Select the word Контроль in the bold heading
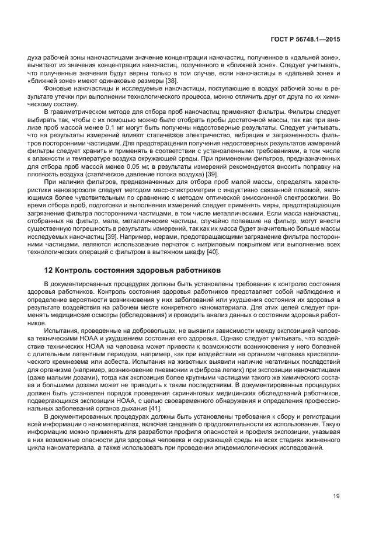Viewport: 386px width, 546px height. [75, 270]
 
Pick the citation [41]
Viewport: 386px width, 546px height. [153, 393]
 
